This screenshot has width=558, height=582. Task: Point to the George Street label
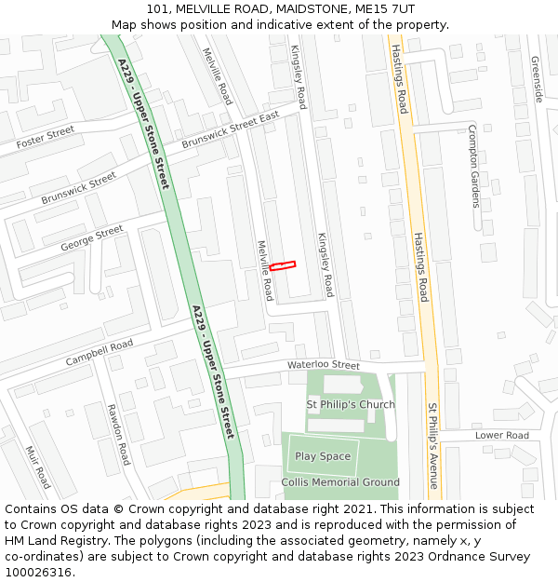pos(91,238)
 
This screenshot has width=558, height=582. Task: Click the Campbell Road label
pos(100,353)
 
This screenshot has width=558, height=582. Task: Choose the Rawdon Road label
pos(118,434)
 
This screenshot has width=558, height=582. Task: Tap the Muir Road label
pos(38,467)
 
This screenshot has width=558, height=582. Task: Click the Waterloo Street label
pos(323,365)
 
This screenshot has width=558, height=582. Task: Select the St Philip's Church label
pos(351,404)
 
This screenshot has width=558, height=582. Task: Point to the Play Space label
pos(323,456)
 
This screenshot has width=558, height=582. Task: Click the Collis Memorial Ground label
pos(340,482)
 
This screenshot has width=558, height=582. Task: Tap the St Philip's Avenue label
pos(432,445)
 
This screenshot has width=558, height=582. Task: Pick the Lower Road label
pos(501,435)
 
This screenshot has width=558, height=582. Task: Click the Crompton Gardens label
pos(474,166)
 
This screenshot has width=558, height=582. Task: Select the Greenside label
pos(536,79)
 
